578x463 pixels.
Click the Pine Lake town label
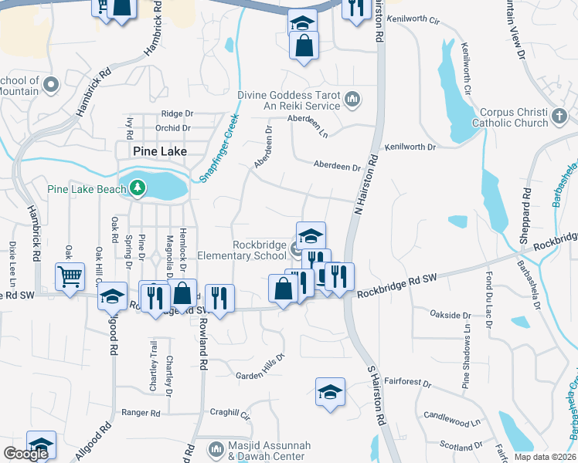click(159, 151)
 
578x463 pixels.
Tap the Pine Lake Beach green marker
click(138, 188)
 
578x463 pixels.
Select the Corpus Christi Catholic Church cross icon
click(560, 117)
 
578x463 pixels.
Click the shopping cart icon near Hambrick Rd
click(70, 275)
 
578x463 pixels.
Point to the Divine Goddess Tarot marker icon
click(352, 99)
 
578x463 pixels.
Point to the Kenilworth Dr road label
click(410, 146)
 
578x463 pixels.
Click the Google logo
click(26, 454)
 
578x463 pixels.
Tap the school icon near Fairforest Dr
click(330, 391)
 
